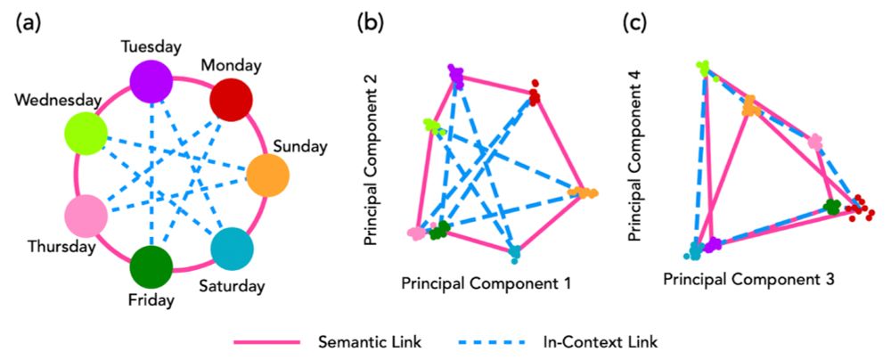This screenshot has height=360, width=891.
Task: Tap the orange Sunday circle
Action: tap(267, 175)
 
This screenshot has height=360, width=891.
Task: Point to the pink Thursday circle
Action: tap(86, 216)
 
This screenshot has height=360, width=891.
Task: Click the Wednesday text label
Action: tap(50, 102)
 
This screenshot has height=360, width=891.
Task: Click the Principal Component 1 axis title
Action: tap(485, 283)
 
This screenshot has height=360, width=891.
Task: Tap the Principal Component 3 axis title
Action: tap(748, 280)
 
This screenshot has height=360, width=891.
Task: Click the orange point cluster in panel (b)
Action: tap(584, 192)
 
